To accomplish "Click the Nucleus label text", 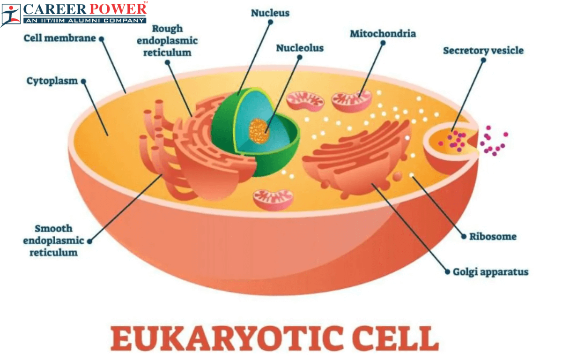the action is [x=270, y=13].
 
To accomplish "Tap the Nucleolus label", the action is [x=300, y=48].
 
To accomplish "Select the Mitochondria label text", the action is [x=383, y=34].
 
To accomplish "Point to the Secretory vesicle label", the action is [x=483, y=51].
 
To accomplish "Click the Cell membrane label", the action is [x=60, y=38].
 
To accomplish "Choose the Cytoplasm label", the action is [x=52, y=81].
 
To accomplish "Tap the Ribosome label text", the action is [x=493, y=237].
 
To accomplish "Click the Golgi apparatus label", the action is [x=490, y=272].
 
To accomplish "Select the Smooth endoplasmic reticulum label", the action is [x=53, y=240].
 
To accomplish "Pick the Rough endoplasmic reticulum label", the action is [x=167, y=41].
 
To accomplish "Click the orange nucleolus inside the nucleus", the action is [x=259, y=131].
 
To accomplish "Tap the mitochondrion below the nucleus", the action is [x=273, y=200].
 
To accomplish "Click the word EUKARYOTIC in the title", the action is [x=227, y=338].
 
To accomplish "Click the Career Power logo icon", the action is [x=10, y=15].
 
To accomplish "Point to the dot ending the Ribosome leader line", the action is [x=464, y=237].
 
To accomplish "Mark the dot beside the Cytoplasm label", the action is [x=83, y=81].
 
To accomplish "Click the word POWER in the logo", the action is [x=118, y=9].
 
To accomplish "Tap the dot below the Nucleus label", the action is [x=271, y=22].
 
